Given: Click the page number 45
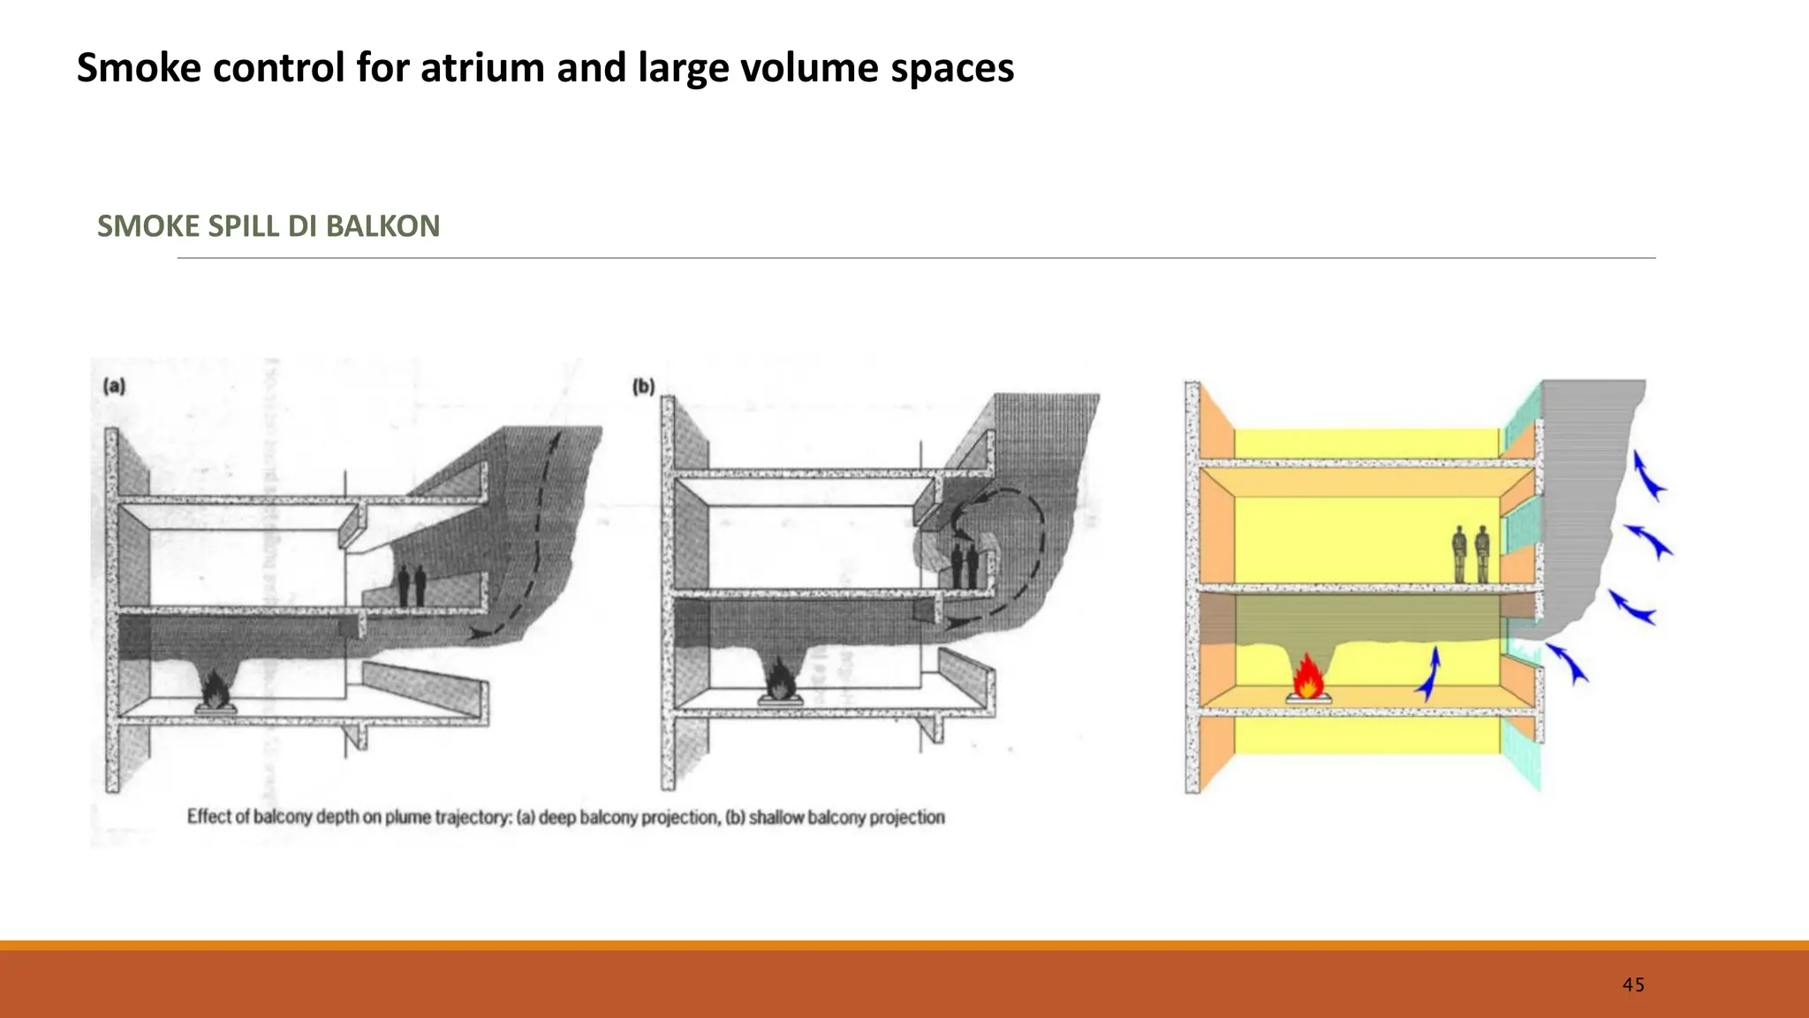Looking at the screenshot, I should pyautogui.click(x=1633, y=984).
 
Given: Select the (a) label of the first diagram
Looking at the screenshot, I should pyautogui.click(x=115, y=386).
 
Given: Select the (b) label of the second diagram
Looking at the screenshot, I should pyautogui.click(x=643, y=386).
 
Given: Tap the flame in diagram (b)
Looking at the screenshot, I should pyautogui.click(x=779, y=679).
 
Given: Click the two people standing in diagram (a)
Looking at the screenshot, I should pyautogui.click(x=412, y=585).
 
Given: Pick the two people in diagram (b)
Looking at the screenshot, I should pyautogui.click(x=965, y=566).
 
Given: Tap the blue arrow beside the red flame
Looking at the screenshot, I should pyautogui.click(x=1430, y=673).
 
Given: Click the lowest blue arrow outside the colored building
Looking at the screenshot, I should pyautogui.click(x=1567, y=663).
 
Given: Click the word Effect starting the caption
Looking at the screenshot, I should pyautogui.click(x=209, y=817).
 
